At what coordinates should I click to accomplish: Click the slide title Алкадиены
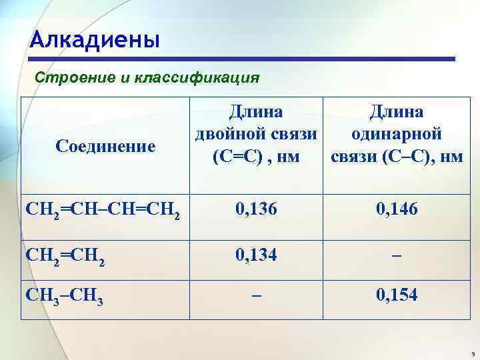point(95,41)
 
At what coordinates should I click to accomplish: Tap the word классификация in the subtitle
point(197,78)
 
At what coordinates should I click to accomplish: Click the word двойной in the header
point(230,134)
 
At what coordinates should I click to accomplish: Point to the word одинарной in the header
point(397,134)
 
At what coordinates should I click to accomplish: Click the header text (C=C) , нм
point(255,157)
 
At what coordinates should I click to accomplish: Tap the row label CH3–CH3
point(65,295)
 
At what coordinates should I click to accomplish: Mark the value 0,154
point(397,294)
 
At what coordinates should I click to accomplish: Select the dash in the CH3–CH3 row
point(255,295)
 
